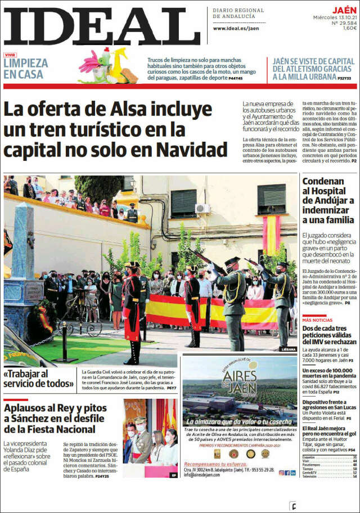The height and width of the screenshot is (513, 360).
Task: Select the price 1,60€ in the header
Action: tap(350, 28)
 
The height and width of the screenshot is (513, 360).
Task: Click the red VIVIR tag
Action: tap(10, 55)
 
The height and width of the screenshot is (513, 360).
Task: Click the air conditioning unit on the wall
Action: tap(202, 209)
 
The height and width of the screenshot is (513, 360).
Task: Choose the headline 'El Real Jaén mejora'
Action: tap(328, 434)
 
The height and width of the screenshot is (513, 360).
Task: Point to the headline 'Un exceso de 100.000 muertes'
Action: tap(329, 375)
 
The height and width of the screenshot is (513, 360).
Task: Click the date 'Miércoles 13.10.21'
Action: tap(335, 17)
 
